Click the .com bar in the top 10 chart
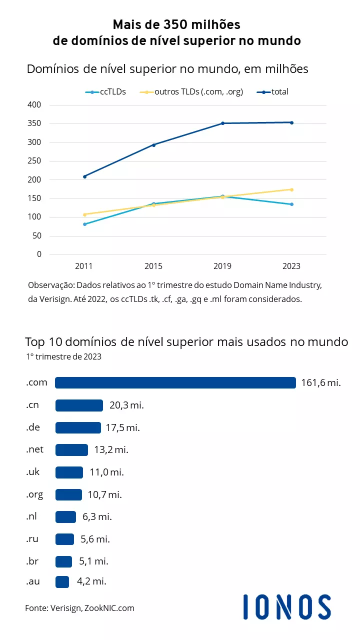click(175, 382)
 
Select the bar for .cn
click(79, 405)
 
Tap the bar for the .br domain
click(63, 561)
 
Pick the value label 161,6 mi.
click(320, 383)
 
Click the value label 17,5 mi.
click(122, 428)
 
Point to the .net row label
click(35, 449)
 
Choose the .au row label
click(33, 581)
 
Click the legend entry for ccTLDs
click(105, 92)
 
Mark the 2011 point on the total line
click(84, 176)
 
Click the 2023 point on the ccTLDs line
click(291, 204)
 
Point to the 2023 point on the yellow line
click(291, 189)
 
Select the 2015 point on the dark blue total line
click(153, 145)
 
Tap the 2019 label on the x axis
click(222, 266)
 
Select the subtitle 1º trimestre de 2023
click(64, 357)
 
